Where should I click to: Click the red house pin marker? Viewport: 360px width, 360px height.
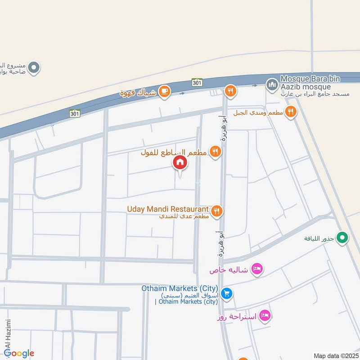180,163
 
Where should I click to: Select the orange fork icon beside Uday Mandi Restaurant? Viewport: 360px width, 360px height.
217,210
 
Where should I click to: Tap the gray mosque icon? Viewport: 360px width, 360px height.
271,84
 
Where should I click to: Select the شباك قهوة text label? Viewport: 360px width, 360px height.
138,93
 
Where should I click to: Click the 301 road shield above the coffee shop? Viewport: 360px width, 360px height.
197,82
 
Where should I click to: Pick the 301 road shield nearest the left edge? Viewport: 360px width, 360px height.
75,113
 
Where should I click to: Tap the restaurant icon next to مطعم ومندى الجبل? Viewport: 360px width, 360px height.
291,112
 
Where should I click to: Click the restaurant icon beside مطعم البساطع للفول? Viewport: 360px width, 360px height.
216,152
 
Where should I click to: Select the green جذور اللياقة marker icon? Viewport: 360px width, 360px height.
342,237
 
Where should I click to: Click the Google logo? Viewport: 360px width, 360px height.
19,353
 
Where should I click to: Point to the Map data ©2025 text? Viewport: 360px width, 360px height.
335,355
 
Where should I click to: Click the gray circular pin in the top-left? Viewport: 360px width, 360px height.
34,68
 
